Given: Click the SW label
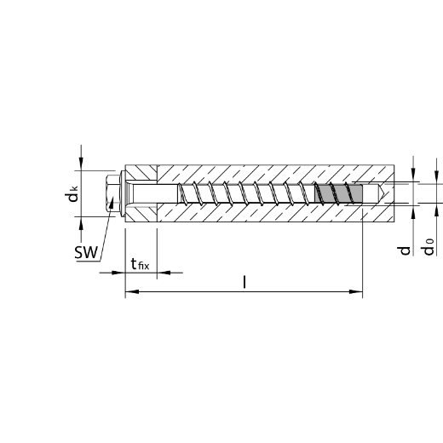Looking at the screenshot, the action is [x=86, y=252].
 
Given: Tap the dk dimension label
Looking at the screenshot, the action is [x=71, y=193].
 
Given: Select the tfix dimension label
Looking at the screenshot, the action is [x=140, y=264].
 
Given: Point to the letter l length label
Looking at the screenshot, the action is [x=245, y=282].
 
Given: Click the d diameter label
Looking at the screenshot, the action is [x=404, y=250].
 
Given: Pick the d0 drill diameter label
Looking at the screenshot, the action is [x=429, y=247].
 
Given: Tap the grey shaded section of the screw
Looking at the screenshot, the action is [x=338, y=193].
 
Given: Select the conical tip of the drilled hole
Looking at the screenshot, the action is [x=381, y=193].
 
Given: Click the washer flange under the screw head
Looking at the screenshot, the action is [x=123, y=193].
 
